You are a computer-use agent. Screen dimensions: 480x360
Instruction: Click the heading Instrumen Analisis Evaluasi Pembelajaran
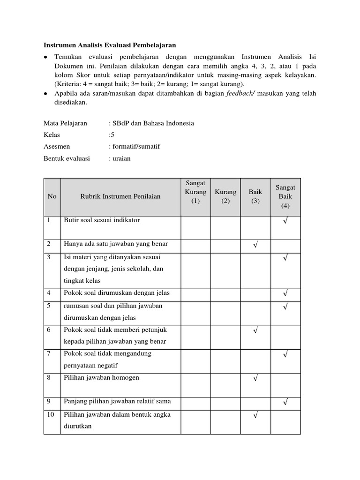[x=110, y=45]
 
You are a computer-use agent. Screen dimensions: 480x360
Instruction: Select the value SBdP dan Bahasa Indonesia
[x=151, y=123]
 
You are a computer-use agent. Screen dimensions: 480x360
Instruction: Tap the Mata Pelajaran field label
[x=65, y=123]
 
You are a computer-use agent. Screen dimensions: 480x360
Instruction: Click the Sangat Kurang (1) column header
[x=195, y=192]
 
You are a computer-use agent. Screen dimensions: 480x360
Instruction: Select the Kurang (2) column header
[x=225, y=196]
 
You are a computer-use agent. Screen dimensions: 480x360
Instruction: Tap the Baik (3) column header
[x=255, y=196]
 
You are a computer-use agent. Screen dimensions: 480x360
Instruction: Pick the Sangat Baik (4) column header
[x=285, y=196]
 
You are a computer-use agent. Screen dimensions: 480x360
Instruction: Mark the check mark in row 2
[x=255, y=245]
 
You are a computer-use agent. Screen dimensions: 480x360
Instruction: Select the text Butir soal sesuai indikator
[x=102, y=220]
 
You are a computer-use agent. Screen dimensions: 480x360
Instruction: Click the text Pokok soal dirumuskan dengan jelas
[x=117, y=293]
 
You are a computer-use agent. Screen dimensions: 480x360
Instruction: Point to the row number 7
[x=49, y=353]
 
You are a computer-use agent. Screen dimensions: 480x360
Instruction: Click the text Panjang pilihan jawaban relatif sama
[x=117, y=401]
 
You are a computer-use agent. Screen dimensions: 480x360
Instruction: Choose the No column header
[x=52, y=196]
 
